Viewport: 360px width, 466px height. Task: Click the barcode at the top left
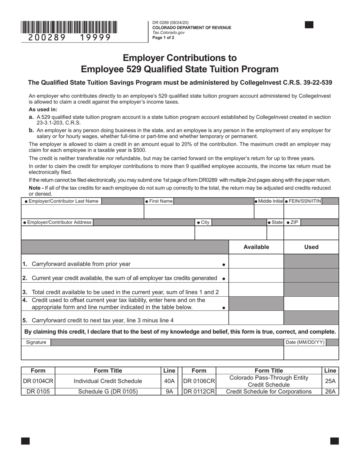click(x=69, y=27)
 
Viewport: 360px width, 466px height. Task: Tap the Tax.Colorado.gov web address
click(x=169, y=33)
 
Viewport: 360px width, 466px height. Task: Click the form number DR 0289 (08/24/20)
click(x=170, y=23)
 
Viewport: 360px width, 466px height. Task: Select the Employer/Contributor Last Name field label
click(x=61, y=201)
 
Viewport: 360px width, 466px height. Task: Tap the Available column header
click(x=256, y=247)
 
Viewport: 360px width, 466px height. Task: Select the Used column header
click(x=311, y=247)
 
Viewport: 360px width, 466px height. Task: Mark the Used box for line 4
click(x=311, y=303)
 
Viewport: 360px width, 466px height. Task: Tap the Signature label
click(x=36, y=342)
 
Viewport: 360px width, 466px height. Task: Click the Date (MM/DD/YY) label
click(x=305, y=342)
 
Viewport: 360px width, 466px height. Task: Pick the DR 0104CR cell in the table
click(x=38, y=381)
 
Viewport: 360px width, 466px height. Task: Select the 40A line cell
click(x=169, y=381)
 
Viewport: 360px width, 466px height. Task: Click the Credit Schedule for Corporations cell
click(x=269, y=392)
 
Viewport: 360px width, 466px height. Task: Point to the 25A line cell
click(x=330, y=381)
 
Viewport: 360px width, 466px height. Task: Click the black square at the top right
click(x=309, y=25)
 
